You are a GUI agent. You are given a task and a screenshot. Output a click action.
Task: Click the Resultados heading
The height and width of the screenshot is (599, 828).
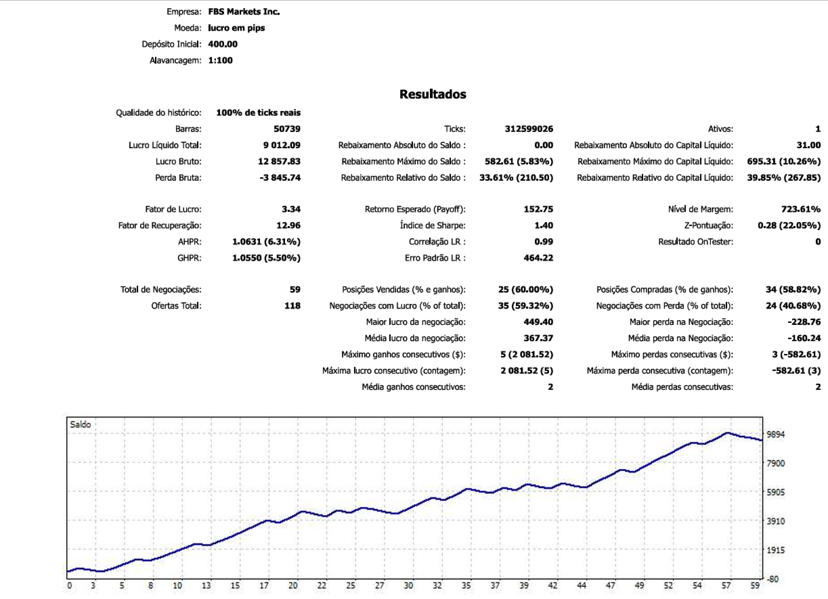[433, 94]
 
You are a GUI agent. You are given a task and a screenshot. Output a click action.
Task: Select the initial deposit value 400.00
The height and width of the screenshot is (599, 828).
[223, 44]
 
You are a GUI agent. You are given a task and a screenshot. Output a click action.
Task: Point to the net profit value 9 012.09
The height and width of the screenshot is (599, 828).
[280, 145]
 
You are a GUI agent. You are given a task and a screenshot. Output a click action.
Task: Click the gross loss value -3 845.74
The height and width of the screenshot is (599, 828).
[277, 177]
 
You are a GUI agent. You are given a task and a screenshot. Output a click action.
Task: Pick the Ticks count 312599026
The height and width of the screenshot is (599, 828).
[529, 129]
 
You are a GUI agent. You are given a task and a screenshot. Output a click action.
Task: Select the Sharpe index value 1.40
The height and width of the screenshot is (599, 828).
[544, 225]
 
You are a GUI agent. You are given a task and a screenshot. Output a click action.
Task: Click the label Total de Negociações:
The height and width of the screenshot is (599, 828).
[161, 290]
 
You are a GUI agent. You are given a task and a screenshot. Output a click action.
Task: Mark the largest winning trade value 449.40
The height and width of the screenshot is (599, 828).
[533, 321]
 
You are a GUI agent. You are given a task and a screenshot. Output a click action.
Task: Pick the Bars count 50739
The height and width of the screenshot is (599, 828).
[285, 129]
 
